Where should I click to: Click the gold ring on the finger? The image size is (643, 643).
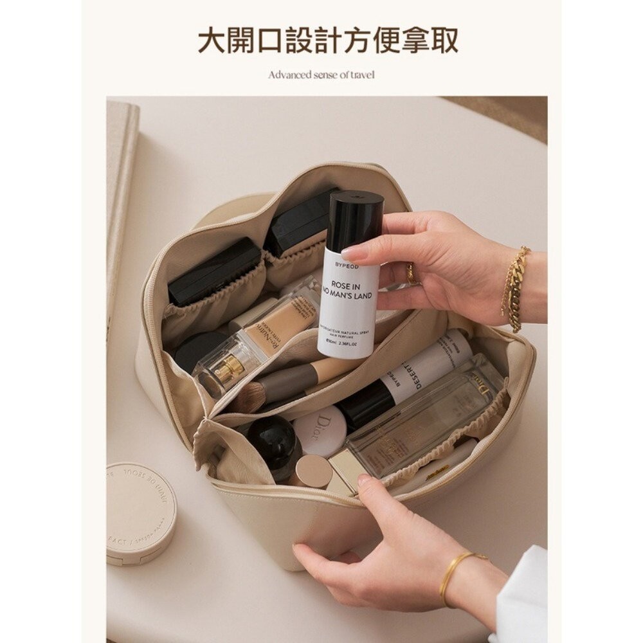[412, 275]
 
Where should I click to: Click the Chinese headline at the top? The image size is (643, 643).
[327, 40]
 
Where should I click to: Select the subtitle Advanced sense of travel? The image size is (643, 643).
[321, 75]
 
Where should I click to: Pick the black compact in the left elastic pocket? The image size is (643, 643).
[213, 271]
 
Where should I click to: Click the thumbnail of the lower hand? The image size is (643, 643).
[365, 480]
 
